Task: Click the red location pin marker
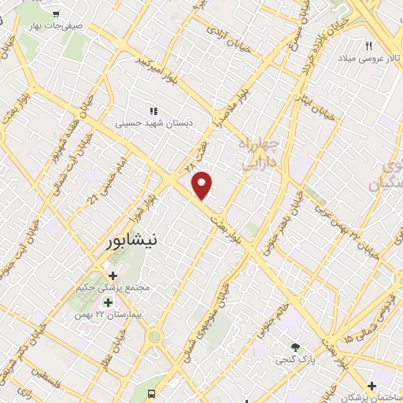(202, 185)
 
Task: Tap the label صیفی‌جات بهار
(56, 27)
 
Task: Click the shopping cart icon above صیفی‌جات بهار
(56, 13)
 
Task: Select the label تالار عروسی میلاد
(368, 59)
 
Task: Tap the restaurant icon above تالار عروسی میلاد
(368, 46)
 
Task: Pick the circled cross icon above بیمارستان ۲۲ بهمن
(107, 301)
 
